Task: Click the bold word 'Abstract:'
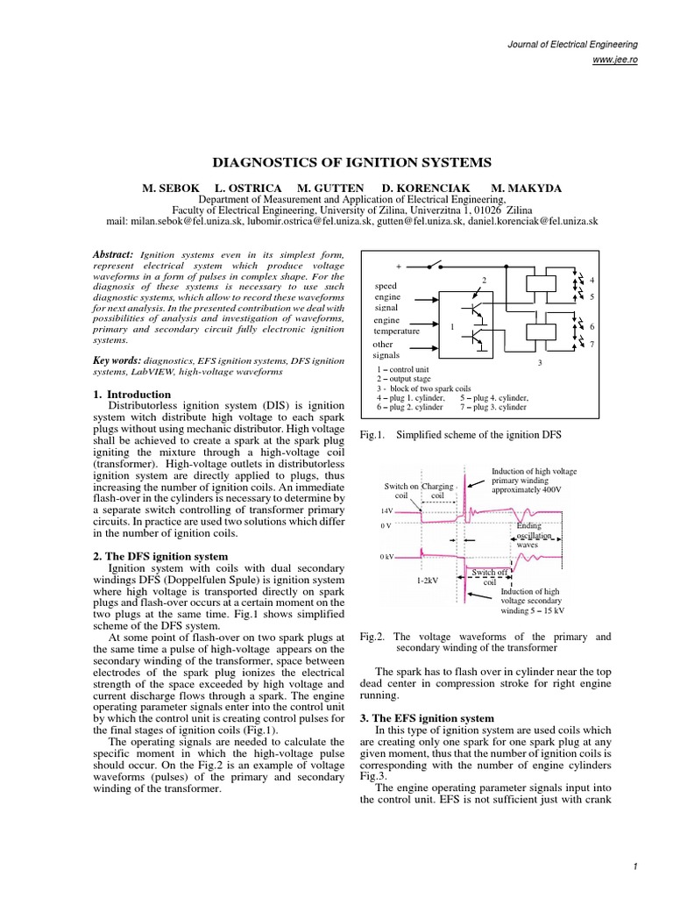112,254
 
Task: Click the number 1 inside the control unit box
452,326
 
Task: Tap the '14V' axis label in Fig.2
386,510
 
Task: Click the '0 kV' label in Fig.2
387,557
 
